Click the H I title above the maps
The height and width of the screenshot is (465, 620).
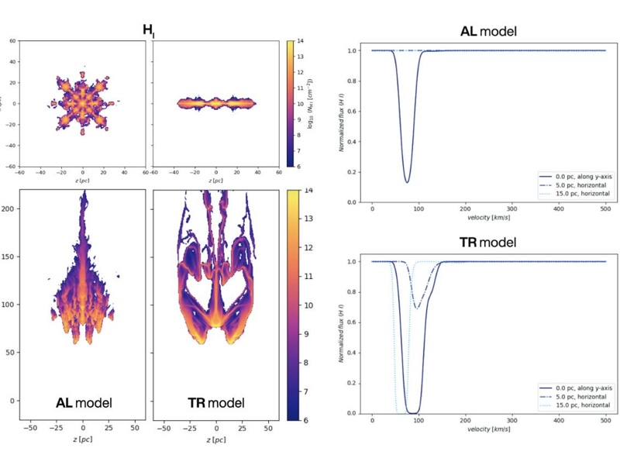(148, 30)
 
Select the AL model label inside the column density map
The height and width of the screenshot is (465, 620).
(84, 403)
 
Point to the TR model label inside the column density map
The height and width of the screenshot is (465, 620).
(215, 403)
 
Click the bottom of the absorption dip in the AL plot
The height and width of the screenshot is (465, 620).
(407, 182)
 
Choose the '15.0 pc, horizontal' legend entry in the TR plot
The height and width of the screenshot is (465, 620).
(577, 405)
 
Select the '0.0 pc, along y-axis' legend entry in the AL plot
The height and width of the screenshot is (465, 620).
(577, 176)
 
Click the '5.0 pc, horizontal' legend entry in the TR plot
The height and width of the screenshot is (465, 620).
(575, 396)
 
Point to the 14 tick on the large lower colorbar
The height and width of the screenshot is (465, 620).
(308, 191)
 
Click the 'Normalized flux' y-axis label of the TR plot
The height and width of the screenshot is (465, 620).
(341, 333)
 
